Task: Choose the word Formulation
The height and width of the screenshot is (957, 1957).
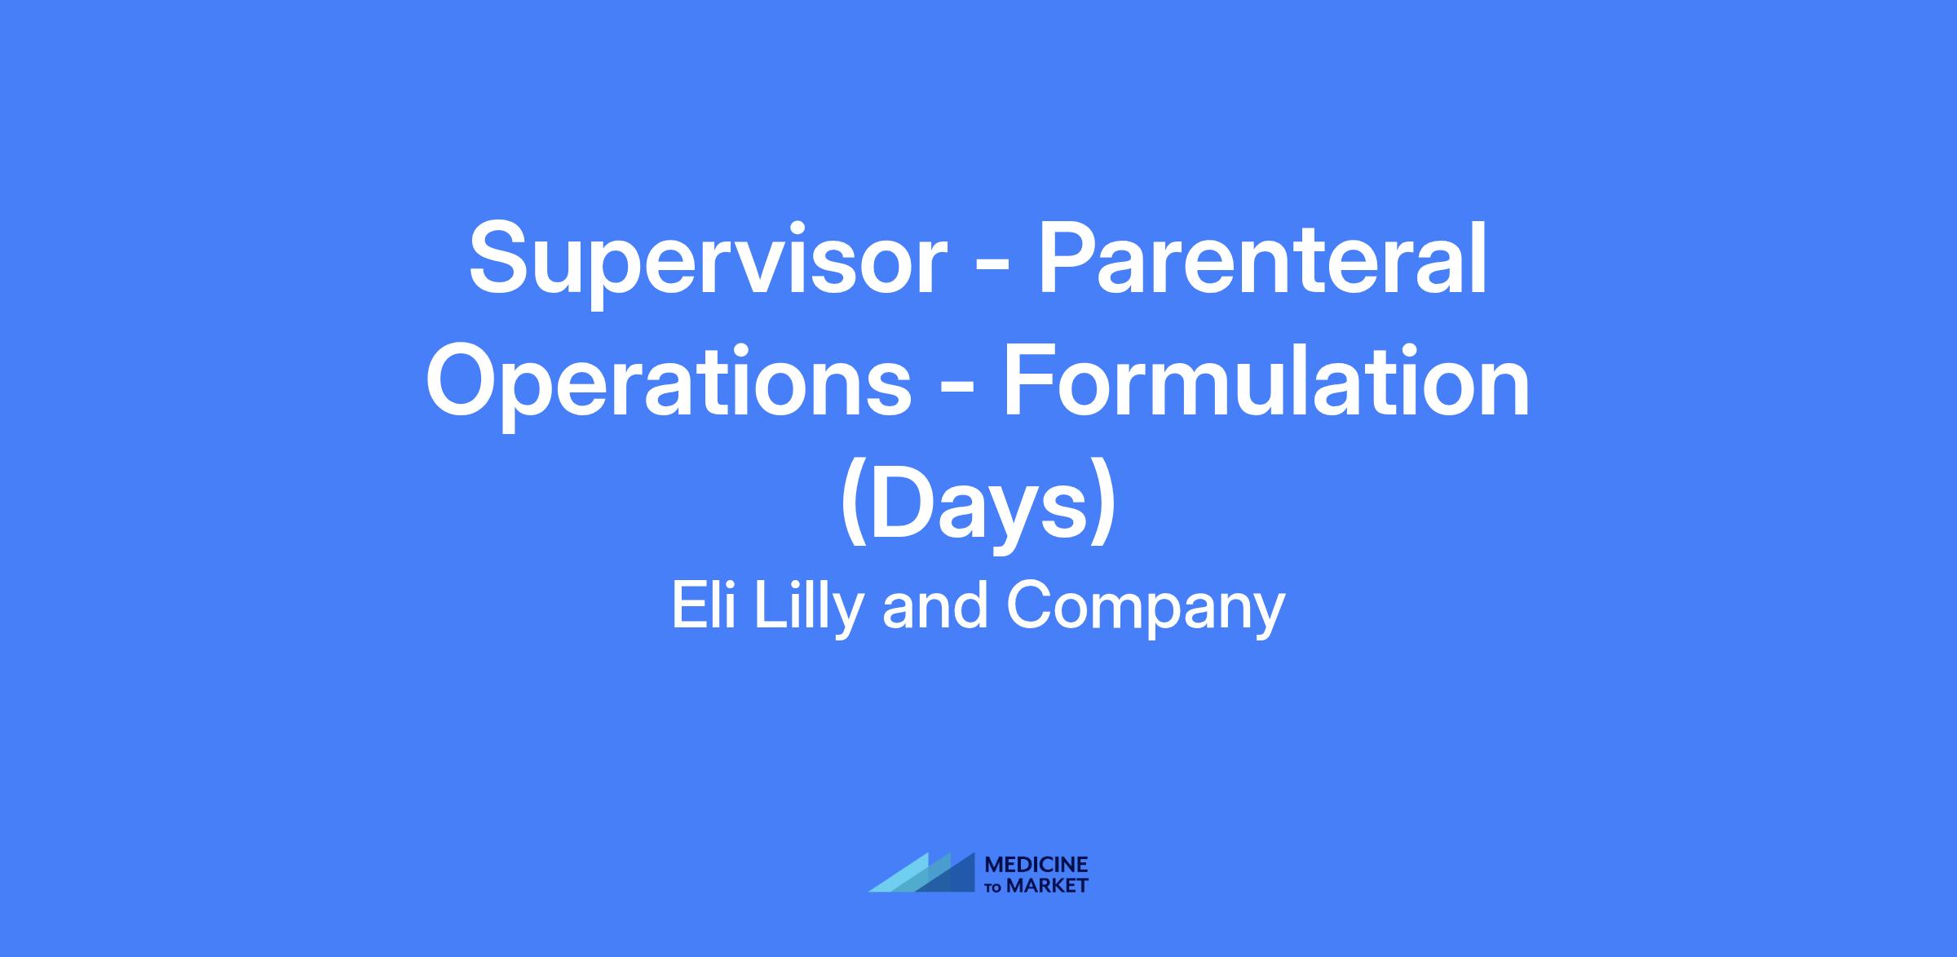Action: [1266, 379]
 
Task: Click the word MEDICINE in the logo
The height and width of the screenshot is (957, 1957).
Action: [1036, 866]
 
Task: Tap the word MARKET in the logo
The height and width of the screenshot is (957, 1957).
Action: [1048, 885]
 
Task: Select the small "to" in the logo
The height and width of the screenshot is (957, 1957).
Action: [995, 887]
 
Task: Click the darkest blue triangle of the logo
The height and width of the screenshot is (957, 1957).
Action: [955, 878]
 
